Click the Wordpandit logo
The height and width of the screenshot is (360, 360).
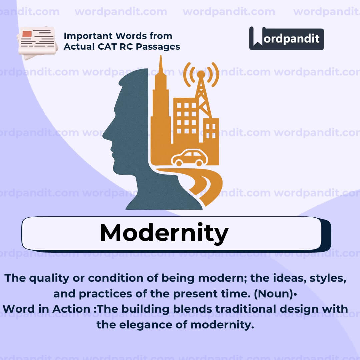(x=286, y=39)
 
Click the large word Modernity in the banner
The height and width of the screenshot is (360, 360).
(x=164, y=232)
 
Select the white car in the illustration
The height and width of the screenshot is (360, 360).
(x=189, y=158)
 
